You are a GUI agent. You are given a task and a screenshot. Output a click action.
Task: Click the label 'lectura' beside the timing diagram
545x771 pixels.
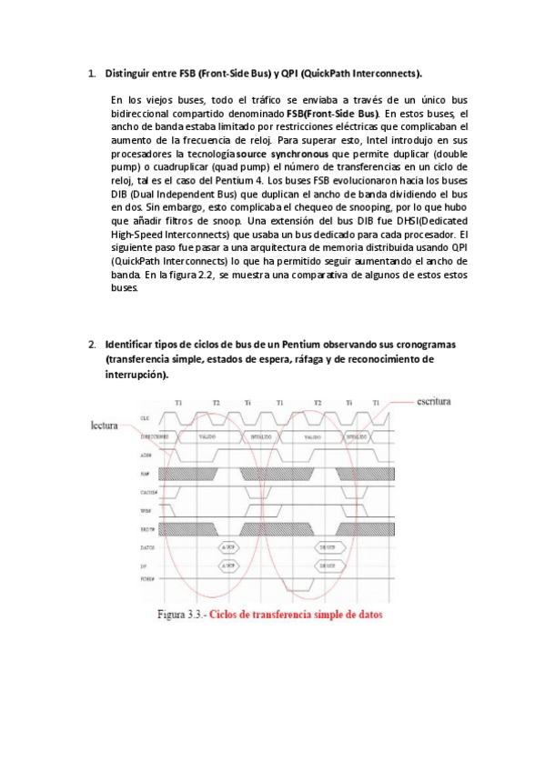click(109, 425)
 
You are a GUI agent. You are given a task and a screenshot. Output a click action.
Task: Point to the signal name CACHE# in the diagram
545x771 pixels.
click(149, 491)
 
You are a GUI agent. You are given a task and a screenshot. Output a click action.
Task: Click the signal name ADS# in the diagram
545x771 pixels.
click(146, 454)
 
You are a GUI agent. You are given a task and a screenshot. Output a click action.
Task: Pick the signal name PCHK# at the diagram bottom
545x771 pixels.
click(146, 579)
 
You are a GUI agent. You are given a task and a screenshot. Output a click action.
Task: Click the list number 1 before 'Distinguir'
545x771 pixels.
click(92, 72)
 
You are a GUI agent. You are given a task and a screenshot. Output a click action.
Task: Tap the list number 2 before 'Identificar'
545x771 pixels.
click(92, 345)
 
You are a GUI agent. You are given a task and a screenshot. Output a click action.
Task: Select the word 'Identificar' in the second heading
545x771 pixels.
click(133, 345)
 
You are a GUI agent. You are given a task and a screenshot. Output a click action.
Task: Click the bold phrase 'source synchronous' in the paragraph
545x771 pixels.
click(280, 155)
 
